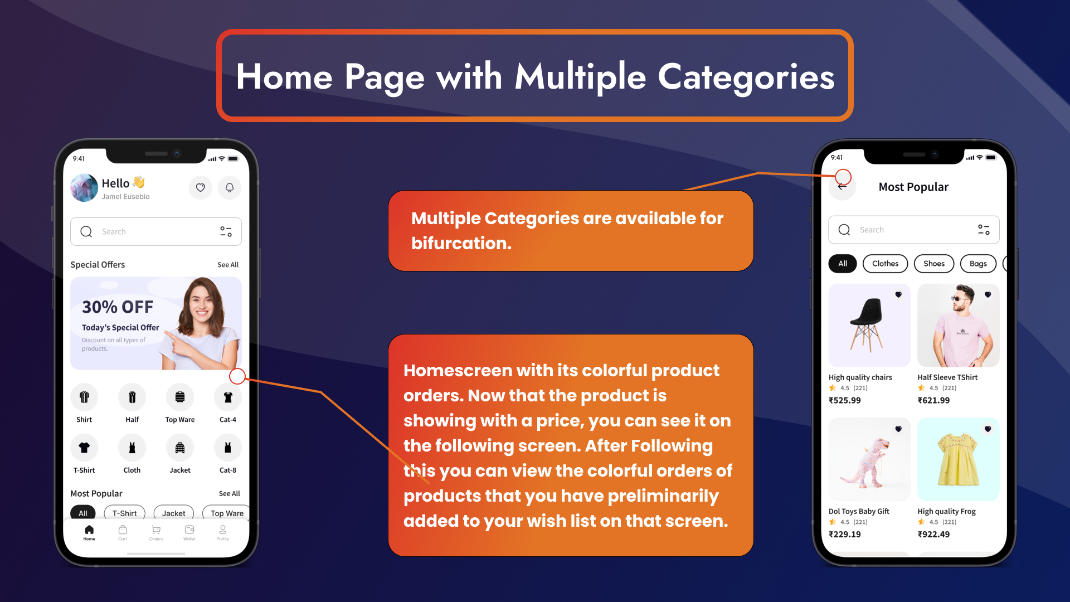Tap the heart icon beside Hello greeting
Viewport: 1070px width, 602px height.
click(201, 188)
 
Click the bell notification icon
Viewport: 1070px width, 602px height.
click(230, 188)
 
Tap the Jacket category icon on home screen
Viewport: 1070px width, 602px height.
click(180, 448)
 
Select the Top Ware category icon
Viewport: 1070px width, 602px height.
click(180, 397)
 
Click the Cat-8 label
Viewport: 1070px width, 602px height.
click(228, 470)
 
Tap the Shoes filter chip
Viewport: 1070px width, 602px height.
click(934, 264)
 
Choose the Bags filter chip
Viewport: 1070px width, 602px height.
click(978, 264)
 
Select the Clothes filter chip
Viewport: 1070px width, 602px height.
click(886, 264)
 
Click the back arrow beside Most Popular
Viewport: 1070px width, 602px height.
click(842, 187)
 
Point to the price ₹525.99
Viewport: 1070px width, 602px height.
click(845, 400)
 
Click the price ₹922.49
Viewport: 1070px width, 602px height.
click(934, 535)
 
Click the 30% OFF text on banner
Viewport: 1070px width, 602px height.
click(118, 307)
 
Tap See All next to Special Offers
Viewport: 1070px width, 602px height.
click(228, 265)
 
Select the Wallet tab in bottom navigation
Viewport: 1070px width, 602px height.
click(189, 532)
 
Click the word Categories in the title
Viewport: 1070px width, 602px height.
click(746, 77)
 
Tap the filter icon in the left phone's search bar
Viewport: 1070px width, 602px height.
click(226, 231)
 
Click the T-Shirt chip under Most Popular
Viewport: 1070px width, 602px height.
click(125, 513)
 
